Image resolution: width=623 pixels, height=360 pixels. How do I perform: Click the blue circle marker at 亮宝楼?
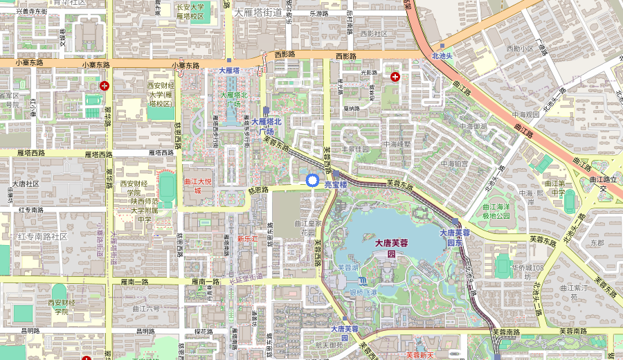(x=312, y=181)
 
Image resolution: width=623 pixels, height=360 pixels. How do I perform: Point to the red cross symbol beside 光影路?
(x=395, y=76)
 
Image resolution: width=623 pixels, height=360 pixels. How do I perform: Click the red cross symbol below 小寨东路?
(x=105, y=86)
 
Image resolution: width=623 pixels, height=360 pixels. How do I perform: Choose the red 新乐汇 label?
(x=247, y=238)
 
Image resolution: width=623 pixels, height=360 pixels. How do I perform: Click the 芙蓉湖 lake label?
(x=347, y=267)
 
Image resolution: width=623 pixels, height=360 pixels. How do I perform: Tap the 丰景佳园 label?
(x=356, y=149)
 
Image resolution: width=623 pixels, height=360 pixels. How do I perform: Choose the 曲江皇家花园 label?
(x=309, y=228)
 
